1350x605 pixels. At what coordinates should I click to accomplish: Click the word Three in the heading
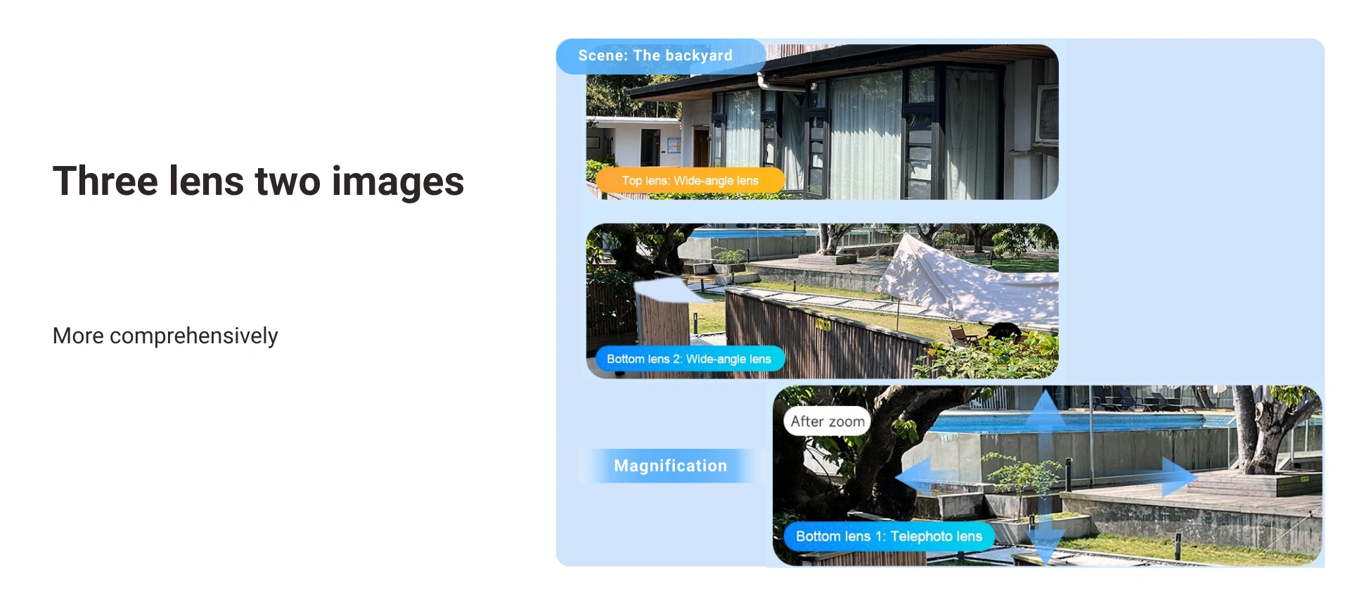click(105, 181)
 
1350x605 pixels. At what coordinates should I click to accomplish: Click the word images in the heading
click(398, 182)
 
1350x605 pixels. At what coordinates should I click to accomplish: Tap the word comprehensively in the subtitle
click(194, 336)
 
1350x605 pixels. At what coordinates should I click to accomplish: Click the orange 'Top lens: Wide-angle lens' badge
click(690, 181)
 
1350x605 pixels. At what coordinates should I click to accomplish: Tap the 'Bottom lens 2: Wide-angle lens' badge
click(689, 359)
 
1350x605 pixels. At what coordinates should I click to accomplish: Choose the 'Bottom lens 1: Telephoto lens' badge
click(889, 536)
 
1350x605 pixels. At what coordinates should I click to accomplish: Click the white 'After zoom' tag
click(828, 421)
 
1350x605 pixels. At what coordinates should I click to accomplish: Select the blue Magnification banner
click(671, 466)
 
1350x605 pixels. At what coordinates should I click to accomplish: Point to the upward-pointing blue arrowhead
click(1046, 408)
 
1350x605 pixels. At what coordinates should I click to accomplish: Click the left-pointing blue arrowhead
click(913, 476)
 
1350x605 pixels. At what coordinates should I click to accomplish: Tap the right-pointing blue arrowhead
click(1179, 476)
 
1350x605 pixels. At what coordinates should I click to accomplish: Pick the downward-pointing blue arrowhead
click(1046, 543)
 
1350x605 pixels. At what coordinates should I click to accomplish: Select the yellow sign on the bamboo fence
click(823, 324)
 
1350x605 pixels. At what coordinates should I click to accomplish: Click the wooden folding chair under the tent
click(960, 335)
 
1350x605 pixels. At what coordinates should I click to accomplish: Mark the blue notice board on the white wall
click(674, 146)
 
